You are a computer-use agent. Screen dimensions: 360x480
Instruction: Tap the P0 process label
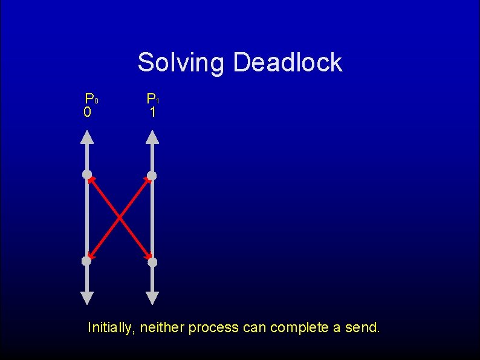point(91,98)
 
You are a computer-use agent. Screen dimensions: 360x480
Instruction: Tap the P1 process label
point(152,98)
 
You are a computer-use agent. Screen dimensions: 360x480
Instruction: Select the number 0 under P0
point(88,113)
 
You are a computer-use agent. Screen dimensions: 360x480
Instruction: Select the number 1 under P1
point(153,113)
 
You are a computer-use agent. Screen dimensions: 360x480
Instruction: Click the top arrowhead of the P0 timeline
point(87,137)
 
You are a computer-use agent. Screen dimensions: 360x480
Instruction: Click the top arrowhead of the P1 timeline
point(152,137)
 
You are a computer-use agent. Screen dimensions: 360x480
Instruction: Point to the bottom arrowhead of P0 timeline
point(87,298)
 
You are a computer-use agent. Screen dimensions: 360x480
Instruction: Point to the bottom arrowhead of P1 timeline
point(152,298)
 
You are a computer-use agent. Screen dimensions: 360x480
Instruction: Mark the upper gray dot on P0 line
point(87,175)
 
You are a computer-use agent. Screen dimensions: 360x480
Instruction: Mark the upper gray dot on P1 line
point(152,175)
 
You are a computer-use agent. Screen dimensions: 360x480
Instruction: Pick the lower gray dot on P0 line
point(86,261)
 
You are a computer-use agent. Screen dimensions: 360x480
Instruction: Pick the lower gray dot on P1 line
point(152,262)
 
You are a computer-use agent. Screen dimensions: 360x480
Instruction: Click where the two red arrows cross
point(119,218)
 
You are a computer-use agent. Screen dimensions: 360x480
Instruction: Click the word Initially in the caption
point(111,328)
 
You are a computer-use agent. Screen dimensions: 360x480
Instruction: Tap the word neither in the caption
point(162,328)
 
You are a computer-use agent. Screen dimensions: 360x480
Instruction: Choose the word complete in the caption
point(299,328)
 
